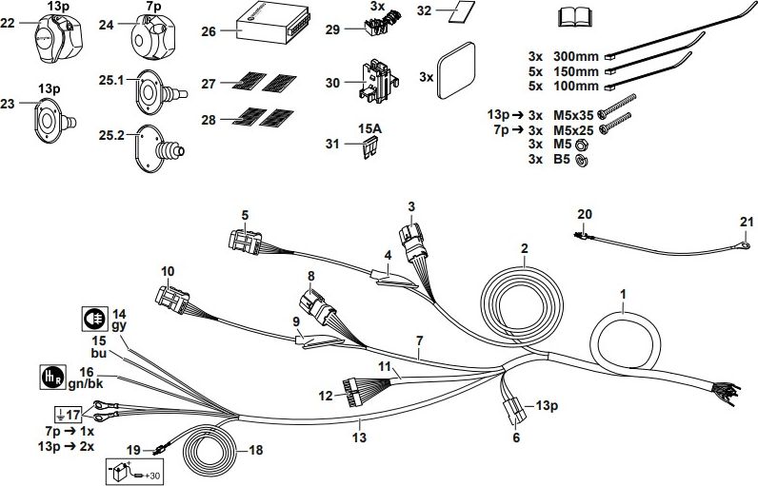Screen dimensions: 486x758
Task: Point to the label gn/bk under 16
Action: [x=88, y=384]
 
